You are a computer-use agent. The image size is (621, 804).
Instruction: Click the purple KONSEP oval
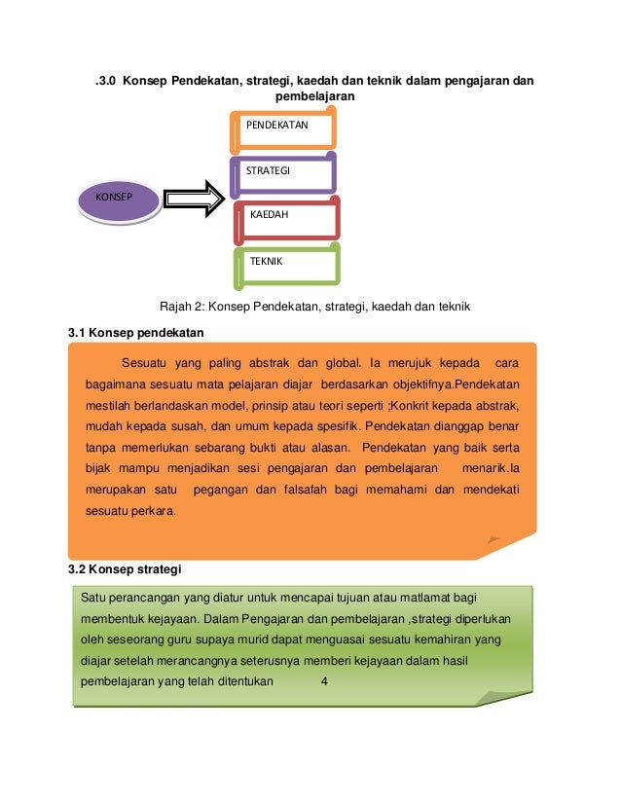(x=119, y=201)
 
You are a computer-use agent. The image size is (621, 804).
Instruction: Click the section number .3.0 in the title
(x=105, y=79)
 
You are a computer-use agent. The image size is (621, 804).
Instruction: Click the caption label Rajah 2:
(x=185, y=307)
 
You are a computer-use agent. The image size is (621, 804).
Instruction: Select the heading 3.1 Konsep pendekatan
(x=135, y=334)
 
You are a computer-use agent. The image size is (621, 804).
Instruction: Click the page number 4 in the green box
(x=324, y=680)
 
